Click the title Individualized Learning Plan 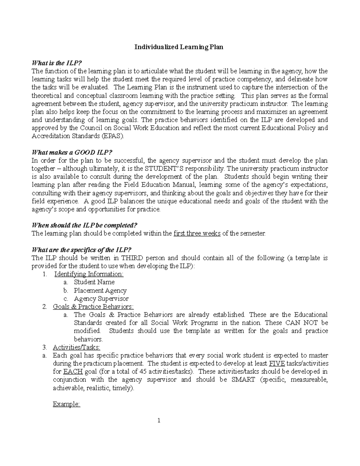[x=178, y=47]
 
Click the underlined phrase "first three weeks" [x=197, y=233]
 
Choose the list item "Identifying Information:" [x=89, y=274]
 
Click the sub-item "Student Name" [x=94, y=282]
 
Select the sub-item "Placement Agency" [x=100, y=290]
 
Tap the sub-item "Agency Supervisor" [x=101, y=299]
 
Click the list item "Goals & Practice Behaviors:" [x=93, y=307]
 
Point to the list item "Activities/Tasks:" [x=76, y=347]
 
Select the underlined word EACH [x=71, y=371]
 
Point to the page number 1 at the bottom [x=159, y=420]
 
